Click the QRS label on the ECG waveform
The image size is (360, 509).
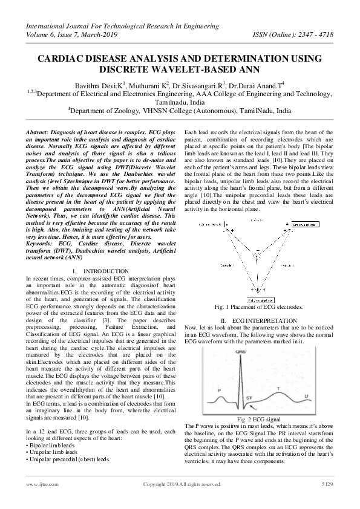pyautogui.click(x=241, y=351)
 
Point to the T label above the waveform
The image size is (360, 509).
pyautogui.click(x=277, y=389)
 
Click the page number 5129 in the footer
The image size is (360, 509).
pyautogui.click(x=326, y=484)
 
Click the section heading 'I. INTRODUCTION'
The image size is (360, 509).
pyautogui.click(x=100, y=271)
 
